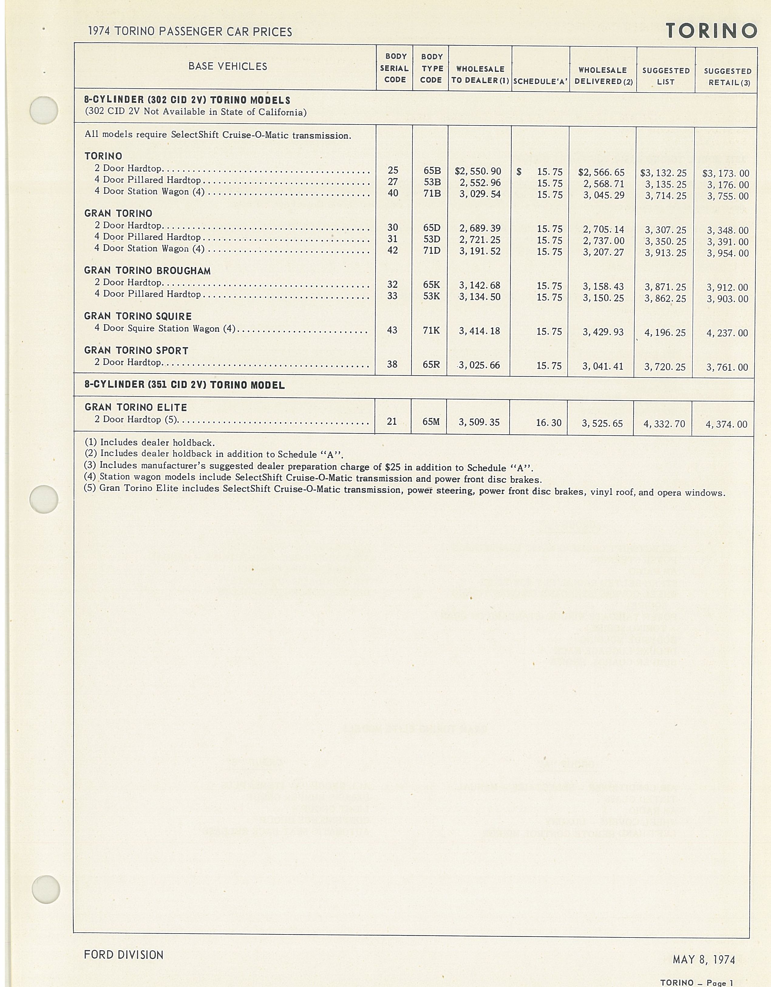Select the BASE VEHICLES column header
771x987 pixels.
pyautogui.click(x=228, y=67)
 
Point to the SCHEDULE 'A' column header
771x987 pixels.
pyautogui.click(x=540, y=82)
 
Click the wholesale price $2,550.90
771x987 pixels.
pyautogui.click(x=478, y=172)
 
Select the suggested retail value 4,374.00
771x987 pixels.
pyautogui.click(x=726, y=424)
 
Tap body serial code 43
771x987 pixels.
pyautogui.click(x=392, y=330)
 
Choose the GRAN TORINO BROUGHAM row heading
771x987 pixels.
pyautogui.click(x=147, y=271)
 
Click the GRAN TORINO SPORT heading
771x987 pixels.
pyautogui.click(x=136, y=351)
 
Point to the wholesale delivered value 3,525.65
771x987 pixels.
pyautogui.click(x=602, y=423)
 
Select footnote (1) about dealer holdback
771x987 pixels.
pyautogui.click(x=150, y=442)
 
